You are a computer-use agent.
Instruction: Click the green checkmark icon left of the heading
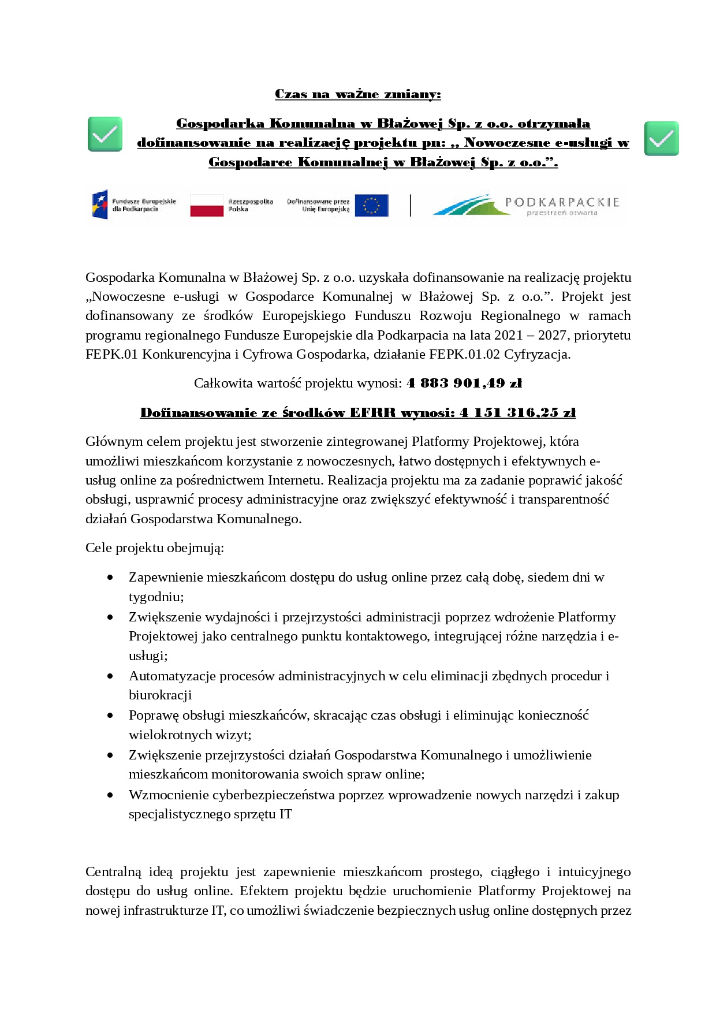tap(105, 134)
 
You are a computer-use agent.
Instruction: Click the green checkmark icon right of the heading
tap(661, 138)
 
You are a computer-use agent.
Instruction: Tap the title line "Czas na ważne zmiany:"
tap(357, 94)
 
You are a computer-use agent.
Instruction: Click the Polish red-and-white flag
tap(207, 206)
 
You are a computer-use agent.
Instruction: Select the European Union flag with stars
tap(371, 206)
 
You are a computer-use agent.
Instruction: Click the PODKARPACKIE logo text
tap(562, 202)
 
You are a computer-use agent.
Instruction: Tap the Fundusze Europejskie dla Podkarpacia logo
tap(133, 205)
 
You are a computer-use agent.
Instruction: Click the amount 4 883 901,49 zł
tap(464, 383)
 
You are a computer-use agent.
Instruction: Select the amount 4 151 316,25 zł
tap(517, 413)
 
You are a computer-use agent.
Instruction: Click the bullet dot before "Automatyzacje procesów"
tap(110, 676)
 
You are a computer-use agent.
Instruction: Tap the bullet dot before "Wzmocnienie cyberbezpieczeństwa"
tap(110, 795)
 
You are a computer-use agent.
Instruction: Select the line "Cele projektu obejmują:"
tap(155, 548)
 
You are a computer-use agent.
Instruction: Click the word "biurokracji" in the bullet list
tap(160, 695)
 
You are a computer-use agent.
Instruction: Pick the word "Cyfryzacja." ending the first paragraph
tap(537, 355)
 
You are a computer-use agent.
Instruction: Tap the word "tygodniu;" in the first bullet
tap(156, 597)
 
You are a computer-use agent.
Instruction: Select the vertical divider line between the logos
tap(411, 206)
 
